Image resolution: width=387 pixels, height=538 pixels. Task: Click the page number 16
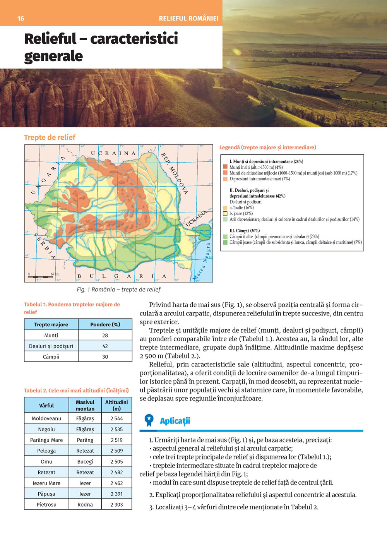pyautogui.click(x=21, y=19)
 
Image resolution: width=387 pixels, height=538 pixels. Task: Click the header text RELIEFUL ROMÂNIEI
pyautogui.click(x=188, y=19)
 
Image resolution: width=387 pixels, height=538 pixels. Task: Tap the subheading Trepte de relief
pyautogui.click(x=50, y=137)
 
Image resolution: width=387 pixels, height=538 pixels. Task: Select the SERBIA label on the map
pyautogui.click(x=45, y=246)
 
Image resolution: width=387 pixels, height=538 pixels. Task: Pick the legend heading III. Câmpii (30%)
pyautogui.click(x=245, y=231)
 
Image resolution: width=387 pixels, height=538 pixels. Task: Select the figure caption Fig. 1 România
pyautogui.click(x=118, y=290)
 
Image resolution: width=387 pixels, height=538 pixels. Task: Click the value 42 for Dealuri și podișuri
pyautogui.click(x=105, y=346)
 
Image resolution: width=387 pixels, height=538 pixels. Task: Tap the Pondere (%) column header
pyautogui.click(x=105, y=324)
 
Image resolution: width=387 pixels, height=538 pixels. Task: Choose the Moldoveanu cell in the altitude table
pyautogui.click(x=46, y=418)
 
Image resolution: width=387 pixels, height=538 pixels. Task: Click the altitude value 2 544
pyautogui.click(x=116, y=418)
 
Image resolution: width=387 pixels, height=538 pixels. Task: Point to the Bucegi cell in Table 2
pyautogui.click(x=85, y=461)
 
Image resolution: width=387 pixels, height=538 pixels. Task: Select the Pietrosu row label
pyautogui.click(x=46, y=504)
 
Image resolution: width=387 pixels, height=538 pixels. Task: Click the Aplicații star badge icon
pyautogui.click(x=149, y=420)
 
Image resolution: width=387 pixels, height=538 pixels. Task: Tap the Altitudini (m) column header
pyautogui.click(x=116, y=405)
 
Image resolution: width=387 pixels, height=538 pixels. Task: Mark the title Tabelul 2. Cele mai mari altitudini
pyautogui.click(x=76, y=391)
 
